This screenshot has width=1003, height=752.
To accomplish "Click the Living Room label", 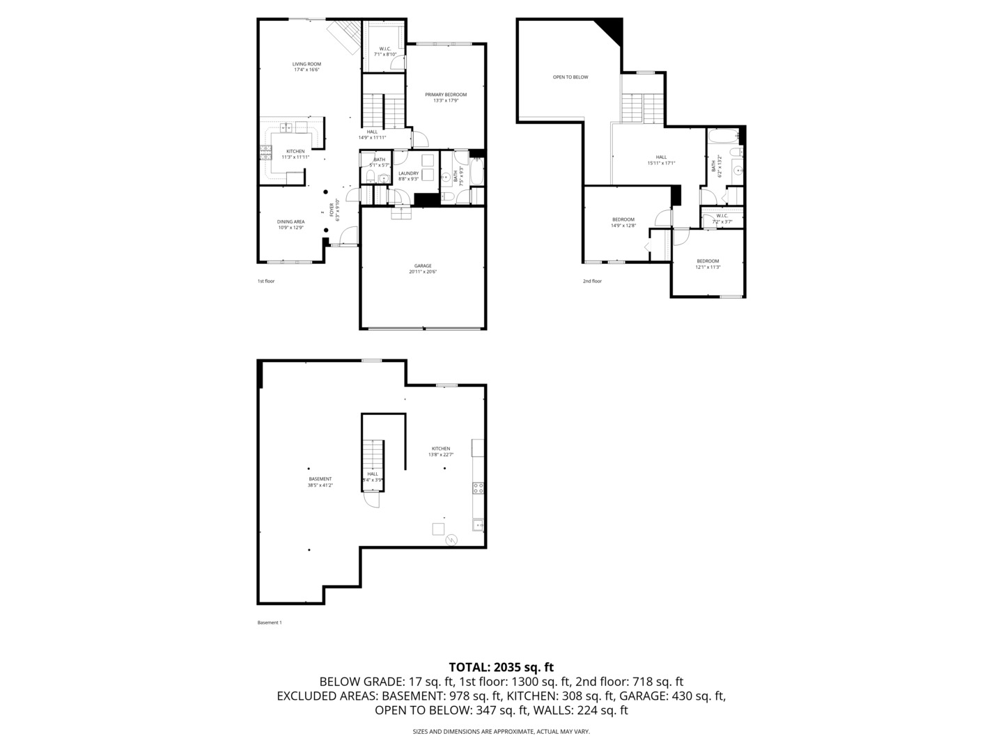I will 306,67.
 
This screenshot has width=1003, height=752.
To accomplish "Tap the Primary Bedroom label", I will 446,97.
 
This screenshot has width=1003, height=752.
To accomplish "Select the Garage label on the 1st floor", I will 423,269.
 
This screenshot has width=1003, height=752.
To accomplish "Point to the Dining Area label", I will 290,224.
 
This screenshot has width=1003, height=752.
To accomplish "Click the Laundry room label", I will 408,176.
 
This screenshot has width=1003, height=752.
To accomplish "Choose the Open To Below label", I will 570,77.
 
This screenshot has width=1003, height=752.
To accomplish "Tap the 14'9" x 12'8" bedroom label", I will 623,222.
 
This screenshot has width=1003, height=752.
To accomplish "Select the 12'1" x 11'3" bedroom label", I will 708,264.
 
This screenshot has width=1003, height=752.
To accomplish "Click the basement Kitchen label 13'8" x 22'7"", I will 440,451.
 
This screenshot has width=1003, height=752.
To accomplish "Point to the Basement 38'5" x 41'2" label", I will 320,482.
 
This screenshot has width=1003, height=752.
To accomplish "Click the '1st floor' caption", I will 266,281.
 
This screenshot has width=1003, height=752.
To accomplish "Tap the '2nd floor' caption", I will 592,281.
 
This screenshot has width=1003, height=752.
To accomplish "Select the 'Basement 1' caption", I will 270,622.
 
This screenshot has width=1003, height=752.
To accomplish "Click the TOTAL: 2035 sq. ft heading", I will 501,667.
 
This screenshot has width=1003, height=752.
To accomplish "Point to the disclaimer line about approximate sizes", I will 501,732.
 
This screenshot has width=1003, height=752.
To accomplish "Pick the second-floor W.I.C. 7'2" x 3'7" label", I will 722,219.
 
